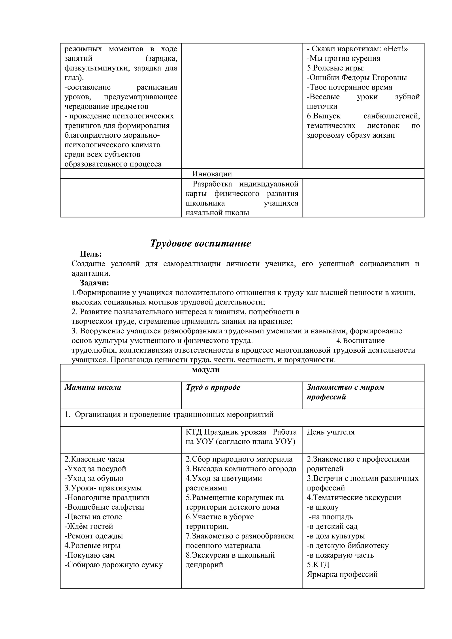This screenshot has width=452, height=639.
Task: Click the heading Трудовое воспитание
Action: coord(201,243)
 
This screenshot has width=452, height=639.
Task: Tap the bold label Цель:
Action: coord(91,254)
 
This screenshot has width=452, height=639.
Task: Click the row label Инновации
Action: coord(212,174)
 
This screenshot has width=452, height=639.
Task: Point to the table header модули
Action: coord(205,370)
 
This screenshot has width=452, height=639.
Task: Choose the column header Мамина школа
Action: coord(93,387)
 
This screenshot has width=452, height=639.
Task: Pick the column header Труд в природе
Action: coord(213,387)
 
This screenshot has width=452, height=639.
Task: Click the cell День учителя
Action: coord(331,432)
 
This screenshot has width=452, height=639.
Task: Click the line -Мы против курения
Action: coord(343,58)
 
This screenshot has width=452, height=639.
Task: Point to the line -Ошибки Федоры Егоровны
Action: coord(357,78)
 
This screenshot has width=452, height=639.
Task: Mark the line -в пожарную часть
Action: coord(340,555)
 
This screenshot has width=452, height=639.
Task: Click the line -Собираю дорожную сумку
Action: coord(114,565)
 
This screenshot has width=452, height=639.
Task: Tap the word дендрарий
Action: coord(204,565)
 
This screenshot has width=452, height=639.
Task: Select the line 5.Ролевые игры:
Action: coord(336,68)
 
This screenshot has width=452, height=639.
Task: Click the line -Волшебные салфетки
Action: coord(104,507)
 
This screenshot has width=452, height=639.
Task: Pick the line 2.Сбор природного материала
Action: coord(239,459)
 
